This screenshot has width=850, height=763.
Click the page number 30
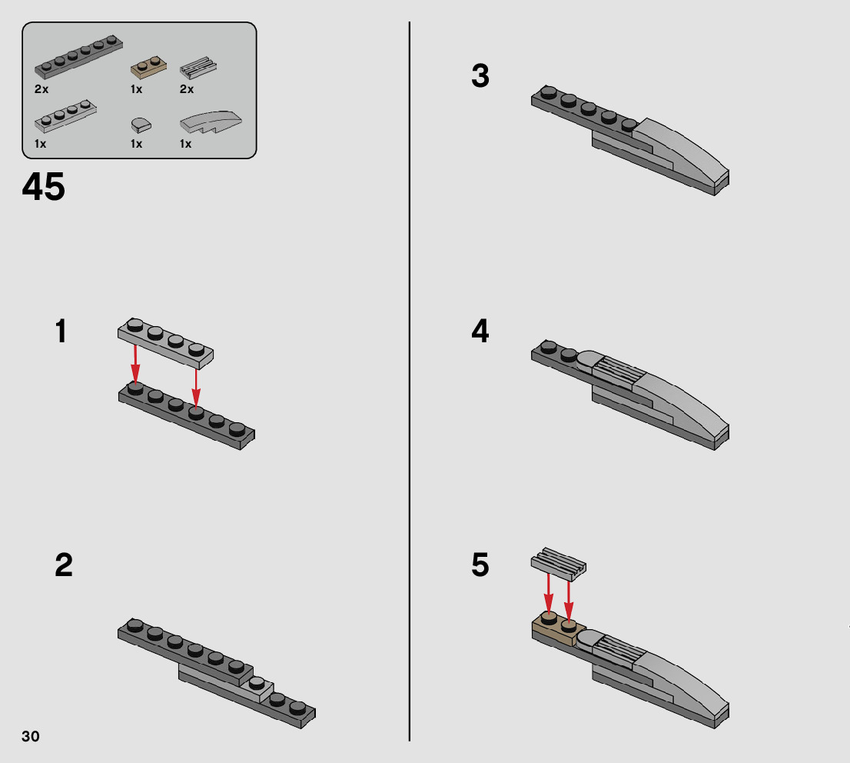point(31,736)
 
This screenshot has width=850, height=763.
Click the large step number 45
point(43,187)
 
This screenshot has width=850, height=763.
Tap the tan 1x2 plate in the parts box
point(148,67)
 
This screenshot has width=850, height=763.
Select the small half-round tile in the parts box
point(141,125)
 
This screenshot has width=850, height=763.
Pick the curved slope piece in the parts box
point(211,122)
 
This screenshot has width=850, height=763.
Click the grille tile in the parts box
point(198,68)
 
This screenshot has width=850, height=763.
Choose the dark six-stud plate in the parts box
point(78,56)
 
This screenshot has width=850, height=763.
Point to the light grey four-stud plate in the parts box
point(65,115)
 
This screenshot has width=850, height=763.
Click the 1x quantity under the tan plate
point(137,89)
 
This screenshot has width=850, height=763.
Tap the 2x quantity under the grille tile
point(187,89)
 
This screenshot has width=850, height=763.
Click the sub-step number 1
point(61,331)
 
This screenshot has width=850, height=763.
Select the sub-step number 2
point(64,565)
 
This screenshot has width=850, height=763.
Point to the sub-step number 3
point(480,75)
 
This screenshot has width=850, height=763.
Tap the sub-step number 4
point(480,331)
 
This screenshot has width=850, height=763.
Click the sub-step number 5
point(480,565)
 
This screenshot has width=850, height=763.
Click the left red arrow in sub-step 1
point(135,365)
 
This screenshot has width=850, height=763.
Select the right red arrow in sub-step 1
point(196,388)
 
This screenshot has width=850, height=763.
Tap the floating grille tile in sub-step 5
point(559,561)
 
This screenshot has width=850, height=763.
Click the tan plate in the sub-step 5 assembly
point(559,629)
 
